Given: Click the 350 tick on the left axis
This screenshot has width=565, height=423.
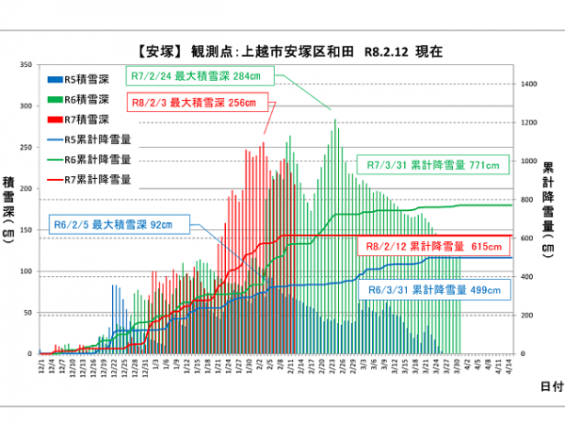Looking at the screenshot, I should pyautogui.click(x=27, y=65).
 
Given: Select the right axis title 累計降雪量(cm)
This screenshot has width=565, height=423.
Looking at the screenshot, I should pyautogui.click(x=546, y=209).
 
